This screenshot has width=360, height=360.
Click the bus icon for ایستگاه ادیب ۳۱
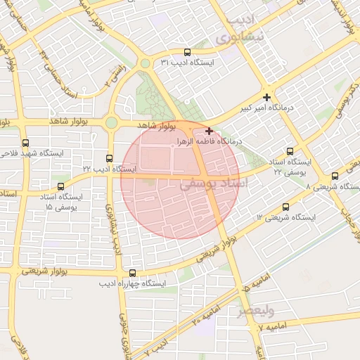[x=187, y=52]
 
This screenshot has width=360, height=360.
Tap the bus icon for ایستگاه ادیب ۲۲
[x=109, y=158]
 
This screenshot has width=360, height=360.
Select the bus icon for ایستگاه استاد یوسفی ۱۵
[x=61, y=188]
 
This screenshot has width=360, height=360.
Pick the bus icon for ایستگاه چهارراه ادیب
[x=132, y=272]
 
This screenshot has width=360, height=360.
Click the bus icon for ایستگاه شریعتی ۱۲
[x=285, y=207]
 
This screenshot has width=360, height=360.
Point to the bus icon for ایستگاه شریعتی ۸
[x=335, y=176]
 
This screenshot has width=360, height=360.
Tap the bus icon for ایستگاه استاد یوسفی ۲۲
[x=290, y=152]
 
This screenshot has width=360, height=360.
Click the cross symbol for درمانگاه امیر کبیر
[x=266, y=96]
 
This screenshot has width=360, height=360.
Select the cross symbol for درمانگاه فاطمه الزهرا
[x=209, y=131]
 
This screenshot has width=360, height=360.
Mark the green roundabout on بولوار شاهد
[x=111, y=123]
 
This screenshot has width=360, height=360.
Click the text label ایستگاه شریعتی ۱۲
[x=286, y=217]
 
